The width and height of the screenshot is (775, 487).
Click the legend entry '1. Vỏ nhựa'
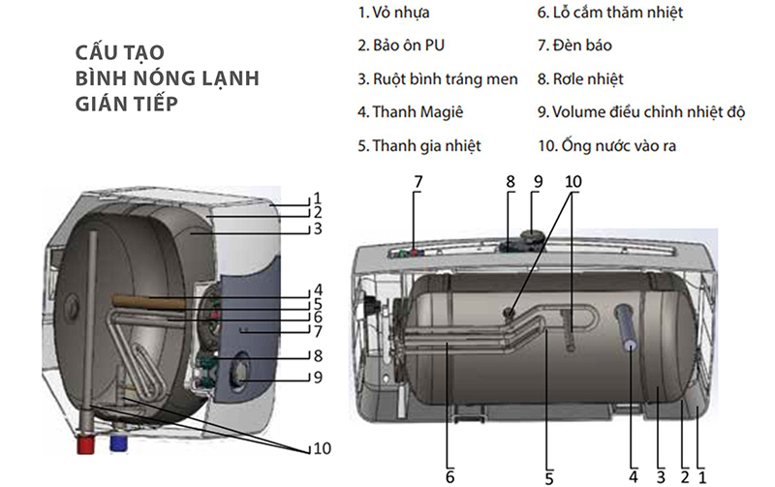[395, 14]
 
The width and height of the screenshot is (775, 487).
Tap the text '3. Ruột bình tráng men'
[437, 79]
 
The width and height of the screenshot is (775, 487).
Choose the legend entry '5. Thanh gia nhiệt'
[418, 145]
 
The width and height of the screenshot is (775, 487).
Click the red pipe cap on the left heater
[83, 445]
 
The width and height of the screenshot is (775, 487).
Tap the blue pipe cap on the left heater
[118, 443]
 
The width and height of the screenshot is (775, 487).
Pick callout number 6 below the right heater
[449, 475]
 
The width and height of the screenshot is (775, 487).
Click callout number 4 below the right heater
[633, 475]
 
